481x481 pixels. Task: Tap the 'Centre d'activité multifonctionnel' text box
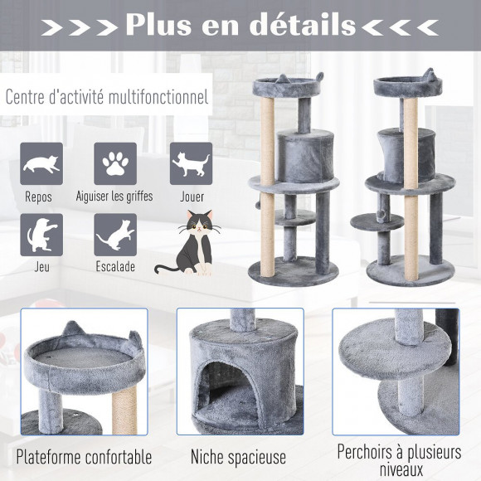pyautogui.click(x=107, y=96)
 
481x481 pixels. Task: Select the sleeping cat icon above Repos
pyautogui.click(x=41, y=163)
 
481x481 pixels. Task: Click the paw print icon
pyautogui.click(x=114, y=163)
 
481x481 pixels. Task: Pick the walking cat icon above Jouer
pyautogui.click(x=192, y=163)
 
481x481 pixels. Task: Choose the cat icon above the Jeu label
pyautogui.click(x=41, y=235)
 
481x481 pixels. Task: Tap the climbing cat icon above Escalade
pyautogui.click(x=114, y=235)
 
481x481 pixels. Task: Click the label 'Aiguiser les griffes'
pyautogui.click(x=115, y=197)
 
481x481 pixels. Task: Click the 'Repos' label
pyautogui.click(x=39, y=197)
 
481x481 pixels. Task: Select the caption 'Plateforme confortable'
pyautogui.click(x=84, y=457)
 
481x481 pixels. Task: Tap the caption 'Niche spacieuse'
pyautogui.click(x=238, y=457)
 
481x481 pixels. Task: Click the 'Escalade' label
pyautogui.click(x=114, y=268)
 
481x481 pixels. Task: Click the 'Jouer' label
pyautogui.click(x=192, y=197)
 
